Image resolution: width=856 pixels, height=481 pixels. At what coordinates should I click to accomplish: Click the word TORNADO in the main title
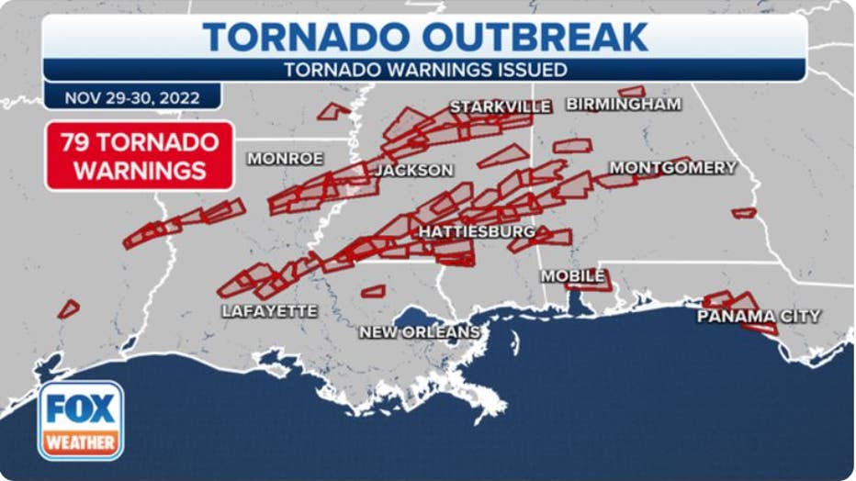click(x=306, y=37)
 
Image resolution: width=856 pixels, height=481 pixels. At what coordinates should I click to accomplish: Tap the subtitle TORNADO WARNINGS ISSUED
click(x=424, y=70)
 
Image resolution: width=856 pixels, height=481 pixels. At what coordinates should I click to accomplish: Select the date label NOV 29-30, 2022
click(x=132, y=97)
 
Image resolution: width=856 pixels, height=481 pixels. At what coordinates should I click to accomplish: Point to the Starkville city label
click(x=501, y=106)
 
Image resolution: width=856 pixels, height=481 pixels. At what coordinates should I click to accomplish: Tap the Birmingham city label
click(x=624, y=105)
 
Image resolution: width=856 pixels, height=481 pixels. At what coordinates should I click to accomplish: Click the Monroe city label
click(x=285, y=159)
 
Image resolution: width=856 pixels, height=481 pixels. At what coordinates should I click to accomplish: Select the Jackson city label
click(x=413, y=170)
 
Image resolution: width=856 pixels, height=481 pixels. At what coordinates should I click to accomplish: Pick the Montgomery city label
click(x=673, y=168)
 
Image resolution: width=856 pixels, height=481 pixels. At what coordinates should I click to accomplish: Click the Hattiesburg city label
click(x=477, y=232)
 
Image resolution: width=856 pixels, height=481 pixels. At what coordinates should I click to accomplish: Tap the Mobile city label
click(x=572, y=275)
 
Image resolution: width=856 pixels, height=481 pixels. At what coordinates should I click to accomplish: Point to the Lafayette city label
click(x=269, y=311)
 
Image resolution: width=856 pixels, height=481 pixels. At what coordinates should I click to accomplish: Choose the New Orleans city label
click(x=419, y=331)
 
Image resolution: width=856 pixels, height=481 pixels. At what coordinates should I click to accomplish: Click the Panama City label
click(x=759, y=317)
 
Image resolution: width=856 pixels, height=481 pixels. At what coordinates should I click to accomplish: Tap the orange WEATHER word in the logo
click(x=81, y=442)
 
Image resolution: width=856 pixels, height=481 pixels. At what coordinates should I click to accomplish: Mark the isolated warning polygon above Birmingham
click(x=632, y=91)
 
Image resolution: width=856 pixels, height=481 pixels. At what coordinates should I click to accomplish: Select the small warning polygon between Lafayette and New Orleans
click(x=373, y=291)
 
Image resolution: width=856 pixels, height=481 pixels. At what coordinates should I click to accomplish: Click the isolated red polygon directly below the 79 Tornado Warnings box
click(x=69, y=309)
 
